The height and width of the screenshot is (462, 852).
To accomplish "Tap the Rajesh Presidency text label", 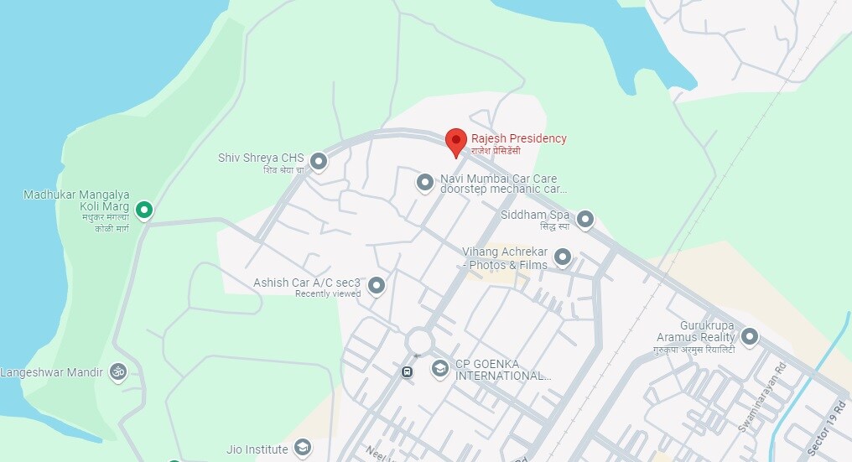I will point(518,138).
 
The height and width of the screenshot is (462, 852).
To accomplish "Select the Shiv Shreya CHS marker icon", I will point(318,160).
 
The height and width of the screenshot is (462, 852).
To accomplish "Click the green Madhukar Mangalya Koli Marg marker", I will point(144,209).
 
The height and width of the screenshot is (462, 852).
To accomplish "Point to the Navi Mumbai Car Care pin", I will point(425,181).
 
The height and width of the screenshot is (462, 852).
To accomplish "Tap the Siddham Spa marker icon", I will point(585,219).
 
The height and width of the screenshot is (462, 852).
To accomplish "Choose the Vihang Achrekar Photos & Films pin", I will point(563,256).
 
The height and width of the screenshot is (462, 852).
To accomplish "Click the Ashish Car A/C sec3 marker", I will point(377,285).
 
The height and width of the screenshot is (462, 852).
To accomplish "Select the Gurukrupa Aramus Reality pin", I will point(750,336).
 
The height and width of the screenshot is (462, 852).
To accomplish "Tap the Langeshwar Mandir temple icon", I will point(118,371).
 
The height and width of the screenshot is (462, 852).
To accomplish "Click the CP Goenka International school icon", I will point(439,368).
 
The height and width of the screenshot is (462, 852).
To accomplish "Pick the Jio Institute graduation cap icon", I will point(302,448).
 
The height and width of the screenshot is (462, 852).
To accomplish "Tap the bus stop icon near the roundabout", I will point(407,371).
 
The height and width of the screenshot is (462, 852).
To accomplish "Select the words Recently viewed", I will point(328,293).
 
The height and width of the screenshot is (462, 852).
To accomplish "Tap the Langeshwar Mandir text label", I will point(51,371).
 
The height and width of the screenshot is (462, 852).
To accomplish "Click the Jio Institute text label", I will point(257,449).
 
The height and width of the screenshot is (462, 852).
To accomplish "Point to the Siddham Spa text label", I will point(535,215).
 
